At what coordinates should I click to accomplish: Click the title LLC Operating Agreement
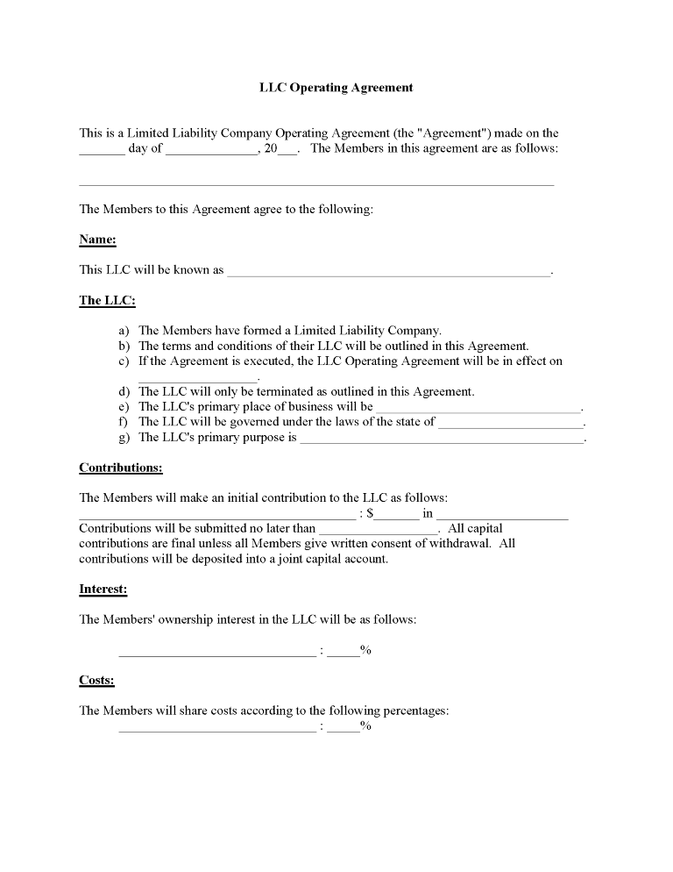pos(336,88)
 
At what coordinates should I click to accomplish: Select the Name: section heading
pos(97,239)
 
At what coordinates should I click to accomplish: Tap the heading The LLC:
pos(107,300)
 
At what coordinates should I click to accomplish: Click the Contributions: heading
pos(120,468)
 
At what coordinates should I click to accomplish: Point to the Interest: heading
pos(103,590)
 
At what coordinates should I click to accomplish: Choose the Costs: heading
pos(96,680)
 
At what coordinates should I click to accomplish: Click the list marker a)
pos(124,331)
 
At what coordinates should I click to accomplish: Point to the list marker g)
pos(124,437)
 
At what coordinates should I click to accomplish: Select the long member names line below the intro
pos(316,184)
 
